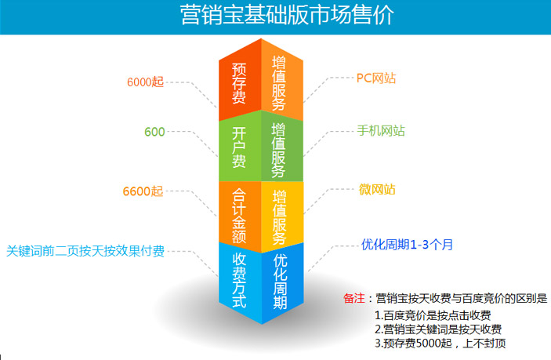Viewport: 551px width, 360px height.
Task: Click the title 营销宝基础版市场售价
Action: (287, 15)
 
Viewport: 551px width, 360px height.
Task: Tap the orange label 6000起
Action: (146, 82)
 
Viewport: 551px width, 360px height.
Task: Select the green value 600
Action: (154, 132)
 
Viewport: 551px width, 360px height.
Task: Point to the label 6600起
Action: (143, 191)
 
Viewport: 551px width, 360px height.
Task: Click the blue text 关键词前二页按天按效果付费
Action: (85, 251)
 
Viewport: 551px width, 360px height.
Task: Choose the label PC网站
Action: (376, 78)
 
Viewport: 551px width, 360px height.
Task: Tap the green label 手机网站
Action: (381, 131)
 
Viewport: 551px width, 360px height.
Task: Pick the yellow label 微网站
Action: (377, 190)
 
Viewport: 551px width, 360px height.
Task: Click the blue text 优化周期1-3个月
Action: (407, 245)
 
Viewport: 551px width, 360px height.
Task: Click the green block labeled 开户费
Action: (240, 147)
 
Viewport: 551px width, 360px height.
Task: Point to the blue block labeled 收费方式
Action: (240, 282)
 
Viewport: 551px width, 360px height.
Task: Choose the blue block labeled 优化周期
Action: (282, 282)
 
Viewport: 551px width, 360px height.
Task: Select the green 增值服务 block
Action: (282, 148)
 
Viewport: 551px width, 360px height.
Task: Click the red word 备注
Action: (354, 298)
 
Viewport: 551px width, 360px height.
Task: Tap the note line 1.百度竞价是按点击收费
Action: (433, 315)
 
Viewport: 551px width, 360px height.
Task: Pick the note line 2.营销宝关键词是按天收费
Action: (438, 329)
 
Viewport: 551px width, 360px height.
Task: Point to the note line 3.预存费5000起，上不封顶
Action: (440, 343)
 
